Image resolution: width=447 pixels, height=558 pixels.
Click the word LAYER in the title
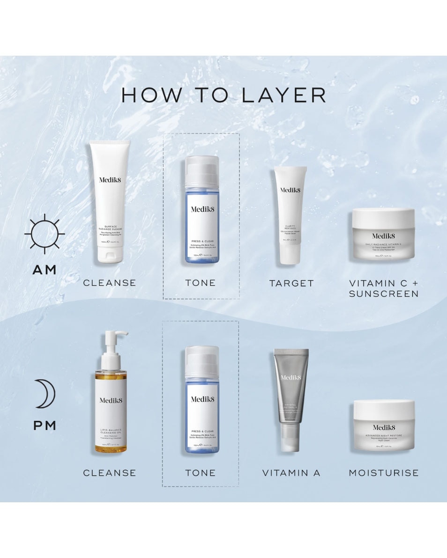coord(283,95)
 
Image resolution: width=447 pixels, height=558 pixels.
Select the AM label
coord(45,270)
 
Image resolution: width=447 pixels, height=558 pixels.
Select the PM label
coord(45,426)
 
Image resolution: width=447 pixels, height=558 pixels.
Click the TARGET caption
coord(291,283)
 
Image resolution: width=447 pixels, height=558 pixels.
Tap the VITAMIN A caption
coord(291,473)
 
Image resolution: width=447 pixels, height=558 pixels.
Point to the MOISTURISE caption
coord(384,473)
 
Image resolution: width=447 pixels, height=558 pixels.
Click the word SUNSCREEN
coord(384,294)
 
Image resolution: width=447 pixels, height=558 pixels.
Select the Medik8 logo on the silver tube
coord(291,378)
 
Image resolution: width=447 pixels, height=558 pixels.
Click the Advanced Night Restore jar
coord(384,426)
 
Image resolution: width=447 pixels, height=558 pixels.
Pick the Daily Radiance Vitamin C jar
coord(384,234)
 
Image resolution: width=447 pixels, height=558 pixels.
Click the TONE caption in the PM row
coord(201,473)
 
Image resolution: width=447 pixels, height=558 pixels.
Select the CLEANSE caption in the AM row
coord(109,283)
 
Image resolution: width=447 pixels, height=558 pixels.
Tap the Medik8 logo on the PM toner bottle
coord(202,399)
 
